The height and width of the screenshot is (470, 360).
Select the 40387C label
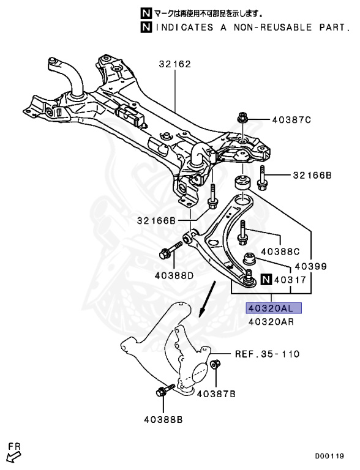click(291, 119)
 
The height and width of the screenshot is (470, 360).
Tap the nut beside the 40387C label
click(241, 118)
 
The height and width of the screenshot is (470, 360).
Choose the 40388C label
click(280, 251)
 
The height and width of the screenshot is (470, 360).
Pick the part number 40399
click(310, 267)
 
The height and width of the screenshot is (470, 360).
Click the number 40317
click(291, 280)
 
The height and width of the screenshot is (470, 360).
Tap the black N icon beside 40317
click(265, 280)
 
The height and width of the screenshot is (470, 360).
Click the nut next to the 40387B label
click(215, 365)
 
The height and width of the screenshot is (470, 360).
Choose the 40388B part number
click(163, 419)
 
